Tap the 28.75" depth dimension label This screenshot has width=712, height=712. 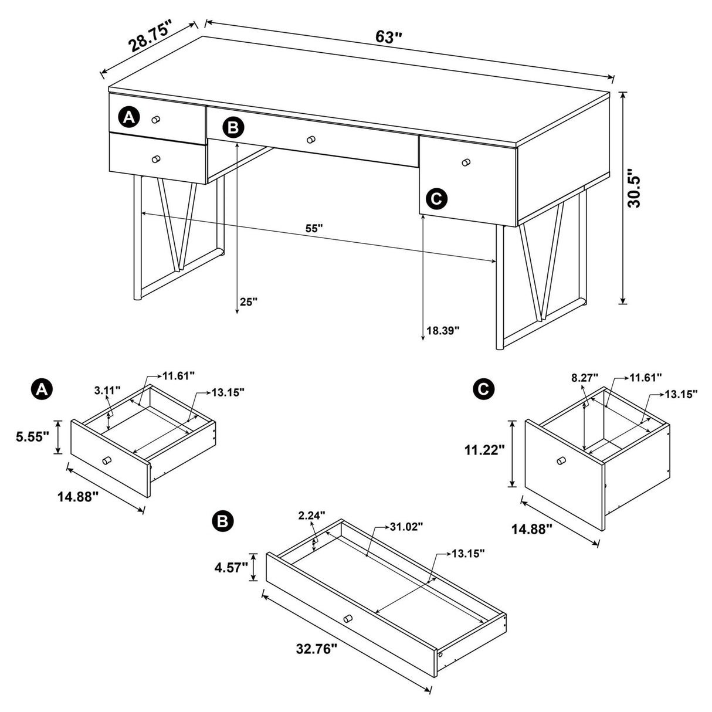click(x=151, y=37)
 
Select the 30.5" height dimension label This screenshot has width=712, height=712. click(x=634, y=189)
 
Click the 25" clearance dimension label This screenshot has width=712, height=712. click(x=249, y=302)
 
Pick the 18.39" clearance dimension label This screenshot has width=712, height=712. click(x=443, y=330)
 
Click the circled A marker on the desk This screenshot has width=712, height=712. click(x=128, y=117)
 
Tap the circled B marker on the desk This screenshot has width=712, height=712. click(x=233, y=127)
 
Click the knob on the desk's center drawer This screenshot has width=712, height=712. click(x=311, y=140)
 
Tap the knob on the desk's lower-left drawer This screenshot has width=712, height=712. click(x=155, y=159)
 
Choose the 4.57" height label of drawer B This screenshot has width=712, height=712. click(x=230, y=568)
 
